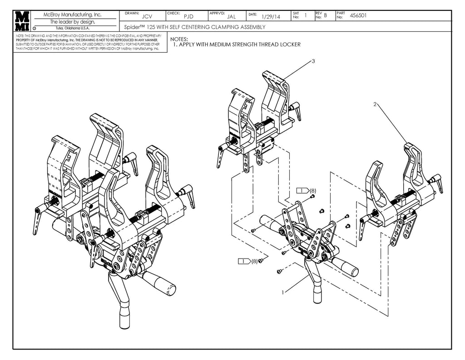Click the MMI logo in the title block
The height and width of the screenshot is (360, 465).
[22, 21]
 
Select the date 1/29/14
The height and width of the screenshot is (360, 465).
[271, 17]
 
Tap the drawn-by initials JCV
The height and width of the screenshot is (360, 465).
[147, 17]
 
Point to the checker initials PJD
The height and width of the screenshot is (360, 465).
[188, 17]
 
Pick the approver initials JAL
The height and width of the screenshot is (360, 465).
[231, 17]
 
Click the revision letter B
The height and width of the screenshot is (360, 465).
[325, 15]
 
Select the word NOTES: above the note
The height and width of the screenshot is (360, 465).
[179, 40]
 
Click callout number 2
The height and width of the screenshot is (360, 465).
[375, 104]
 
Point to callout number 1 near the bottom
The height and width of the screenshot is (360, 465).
[283, 292]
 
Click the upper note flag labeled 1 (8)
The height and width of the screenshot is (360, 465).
[306, 190]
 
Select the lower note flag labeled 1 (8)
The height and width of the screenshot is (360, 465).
[248, 261]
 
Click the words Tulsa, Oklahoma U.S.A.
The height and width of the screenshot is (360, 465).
[72, 28]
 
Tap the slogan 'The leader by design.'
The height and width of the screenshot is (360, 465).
[72, 21]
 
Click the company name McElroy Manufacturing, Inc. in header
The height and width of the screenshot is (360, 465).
[72, 15]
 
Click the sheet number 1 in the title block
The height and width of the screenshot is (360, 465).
[306, 15]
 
